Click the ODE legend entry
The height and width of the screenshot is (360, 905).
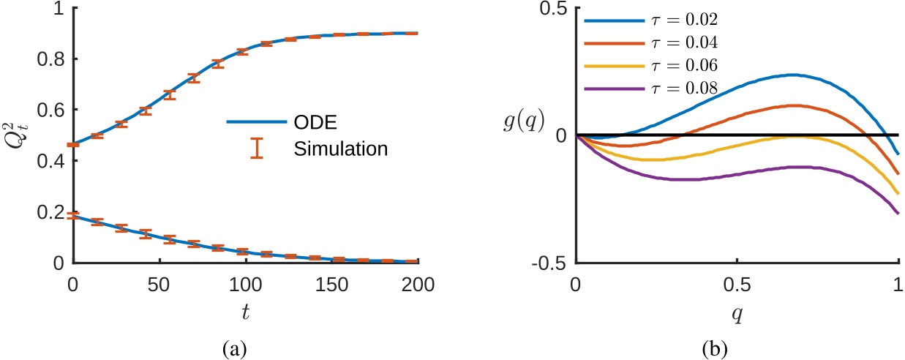[x=289, y=121]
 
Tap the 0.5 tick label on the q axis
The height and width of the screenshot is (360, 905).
[x=737, y=282]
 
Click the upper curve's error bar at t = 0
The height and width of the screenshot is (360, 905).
[x=72, y=145]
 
